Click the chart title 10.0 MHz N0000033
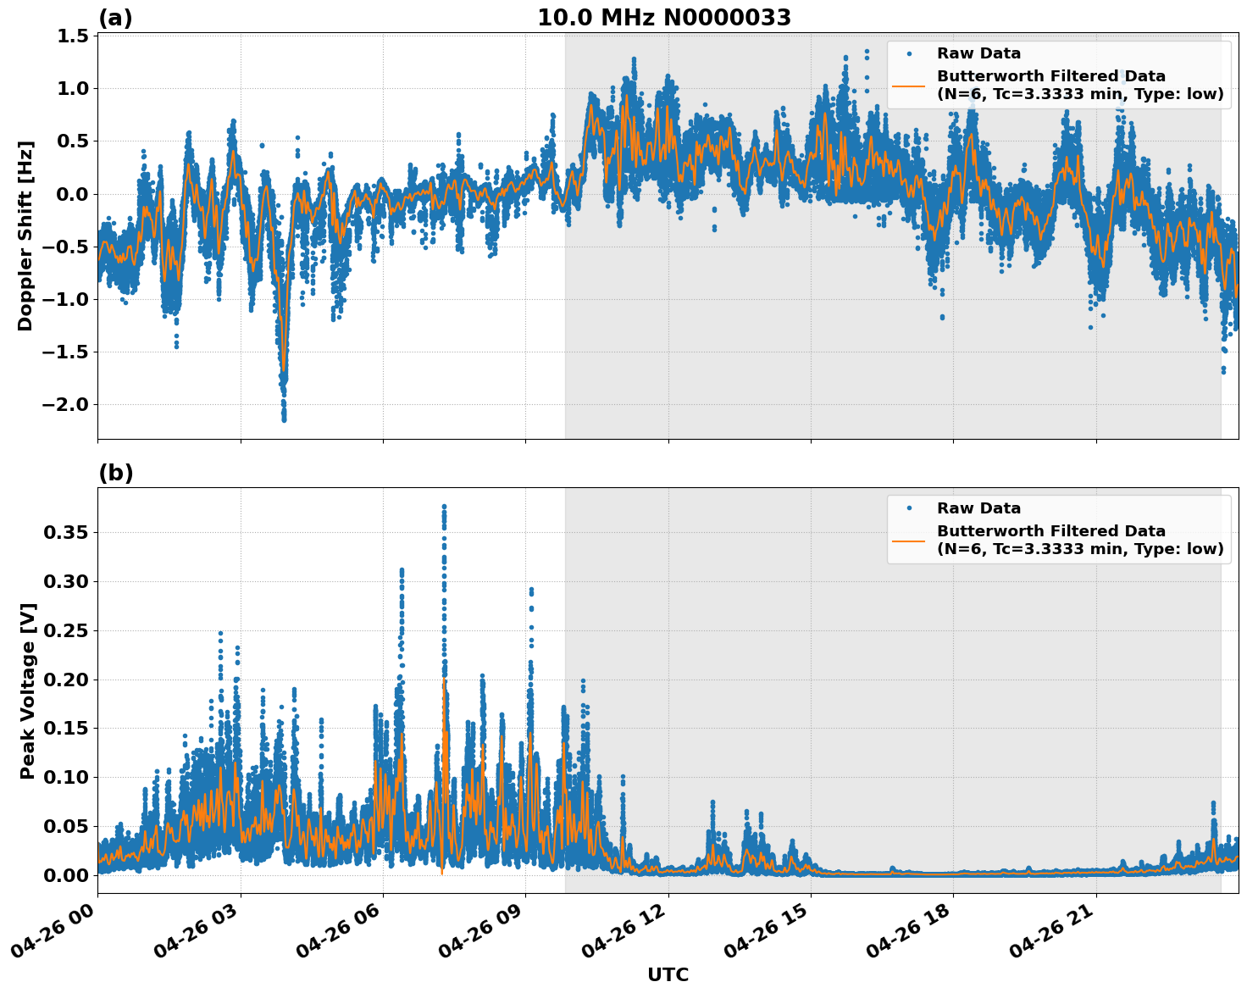[664, 18]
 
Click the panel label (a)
[115, 18]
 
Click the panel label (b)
[115, 473]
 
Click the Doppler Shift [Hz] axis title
[25, 236]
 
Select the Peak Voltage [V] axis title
[28, 691]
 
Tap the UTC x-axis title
[668, 974]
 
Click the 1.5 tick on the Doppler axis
[73, 36]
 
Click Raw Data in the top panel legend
[978, 53]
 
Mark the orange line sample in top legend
[908, 85]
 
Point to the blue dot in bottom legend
[908, 508]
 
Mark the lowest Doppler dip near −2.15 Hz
[284, 419]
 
